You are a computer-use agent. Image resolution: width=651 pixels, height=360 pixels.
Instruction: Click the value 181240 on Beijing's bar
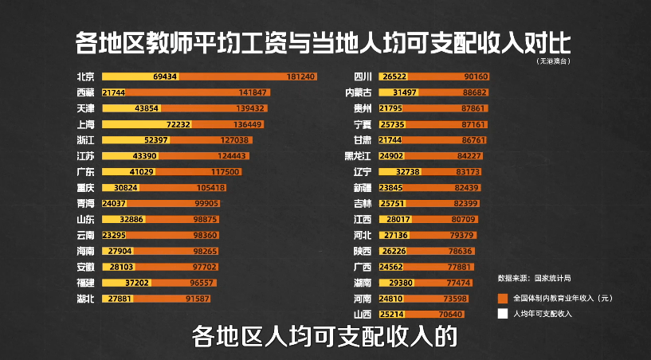pyautogui.click(x=300, y=76)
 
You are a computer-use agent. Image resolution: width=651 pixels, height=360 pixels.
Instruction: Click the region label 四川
pyautogui.click(x=363, y=76)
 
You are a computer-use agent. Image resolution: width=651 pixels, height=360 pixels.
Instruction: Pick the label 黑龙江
pyautogui.click(x=358, y=155)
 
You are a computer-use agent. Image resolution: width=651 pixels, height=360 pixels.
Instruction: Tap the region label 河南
pyautogui.click(x=363, y=299)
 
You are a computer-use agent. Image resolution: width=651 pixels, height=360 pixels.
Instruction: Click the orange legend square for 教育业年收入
pyautogui.click(x=503, y=297)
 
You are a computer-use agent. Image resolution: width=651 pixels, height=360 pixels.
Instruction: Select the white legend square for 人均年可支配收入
pyautogui.click(x=503, y=314)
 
